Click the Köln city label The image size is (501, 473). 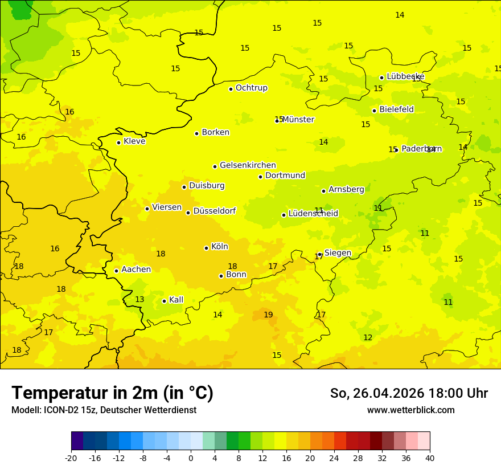click(x=219, y=247)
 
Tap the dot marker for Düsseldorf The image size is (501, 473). click(x=188, y=213)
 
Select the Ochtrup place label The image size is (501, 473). click(x=251, y=88)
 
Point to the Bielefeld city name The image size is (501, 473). click(x=396, y=109)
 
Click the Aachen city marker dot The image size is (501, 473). click(x=116, y=271)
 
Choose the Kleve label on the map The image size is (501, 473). click(x=134, y=141)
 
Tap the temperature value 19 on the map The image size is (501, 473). click(x=268, y=315)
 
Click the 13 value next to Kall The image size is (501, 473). click(x=139, y=299)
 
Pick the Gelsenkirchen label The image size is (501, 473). click(x=248, y=165)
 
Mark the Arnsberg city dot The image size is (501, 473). click(x=323, y=191)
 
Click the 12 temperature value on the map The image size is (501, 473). click(x=368, y=337)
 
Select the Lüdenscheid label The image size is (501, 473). click(x=313, y=214)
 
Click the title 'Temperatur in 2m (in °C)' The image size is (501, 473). click(x=112, y=393)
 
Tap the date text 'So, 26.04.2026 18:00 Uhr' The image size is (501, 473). click(x=409, y=393)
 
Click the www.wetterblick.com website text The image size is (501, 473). click(x=410, y=410)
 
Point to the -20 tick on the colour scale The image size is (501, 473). click(x=71, y=458)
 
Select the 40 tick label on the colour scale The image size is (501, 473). click(x=429, y=458)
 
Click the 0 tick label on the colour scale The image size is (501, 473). click(x=191, y=458)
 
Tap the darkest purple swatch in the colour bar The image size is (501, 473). click(x=77, y=441)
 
